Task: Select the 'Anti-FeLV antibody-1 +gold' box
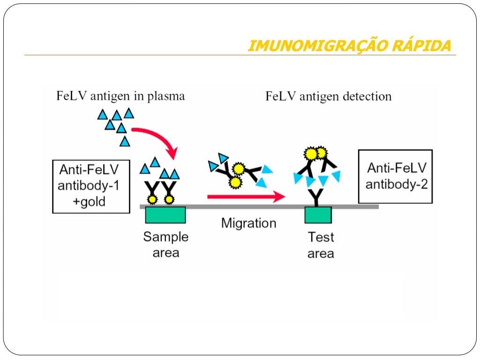click(x=91, y=186)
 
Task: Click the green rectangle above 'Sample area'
click(x=165, y=215)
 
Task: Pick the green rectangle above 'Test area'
click(x=318, y=215)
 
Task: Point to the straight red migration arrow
click(x=247, y=196)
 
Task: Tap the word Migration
click(x=248, y=223)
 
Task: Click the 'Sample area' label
click(x=165, y=245)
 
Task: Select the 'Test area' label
click(x=321, y=245)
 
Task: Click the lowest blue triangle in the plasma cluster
click(x=124, y=141)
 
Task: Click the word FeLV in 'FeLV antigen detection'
click(x=280, y=97)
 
